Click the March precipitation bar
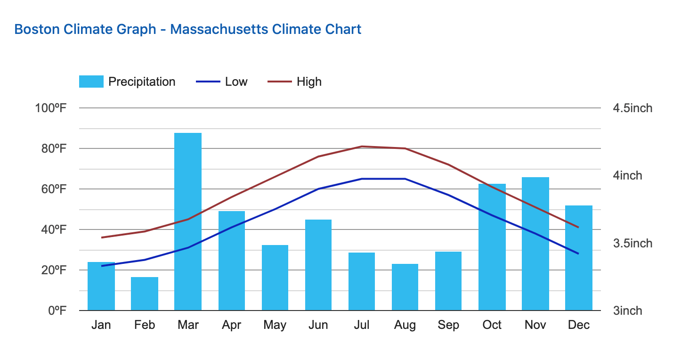[x=188, y=221]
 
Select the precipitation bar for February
[x=145, y=294]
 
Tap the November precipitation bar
[x=535, y=244]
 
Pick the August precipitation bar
[x=405, y=287]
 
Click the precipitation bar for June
[x=318, y=265]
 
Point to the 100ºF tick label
[x=50, y=108]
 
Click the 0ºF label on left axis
[x=56, y=311]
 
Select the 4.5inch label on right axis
[x=632, y=108]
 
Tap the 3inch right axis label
[x=627, y=311]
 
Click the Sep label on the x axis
[x=448, y=325]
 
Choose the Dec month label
[x=579, y=325]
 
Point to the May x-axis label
[x=275, y=325]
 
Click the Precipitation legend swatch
[x=91, y=82]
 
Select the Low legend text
[x=236, y=82]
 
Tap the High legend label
[x=309, y=82]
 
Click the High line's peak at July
[x=362, y=147]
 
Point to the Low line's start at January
[x=102, y=266]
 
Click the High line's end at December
[x=578, y=227]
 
